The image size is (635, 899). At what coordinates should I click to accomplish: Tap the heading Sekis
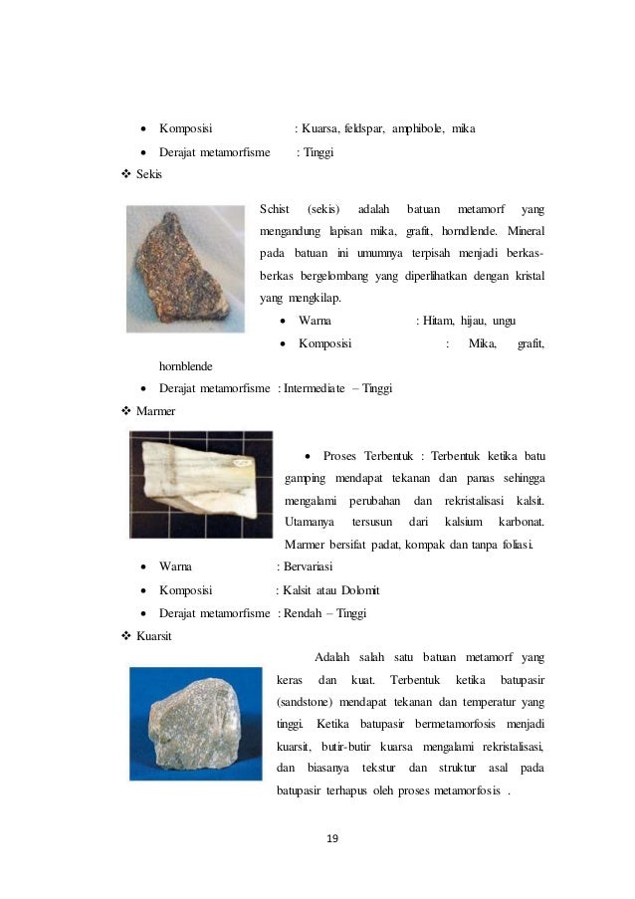[x=149, y=174]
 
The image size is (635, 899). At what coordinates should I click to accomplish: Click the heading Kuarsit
[x=153, y=636]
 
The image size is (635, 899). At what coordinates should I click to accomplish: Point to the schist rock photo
[x=184, y=268]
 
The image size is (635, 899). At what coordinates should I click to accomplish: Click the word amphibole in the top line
[x=418, y=128]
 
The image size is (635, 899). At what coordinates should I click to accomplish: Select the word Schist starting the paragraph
[x=274, y=209]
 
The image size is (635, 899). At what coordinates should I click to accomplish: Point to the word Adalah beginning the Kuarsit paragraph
[x=335, y=657]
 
